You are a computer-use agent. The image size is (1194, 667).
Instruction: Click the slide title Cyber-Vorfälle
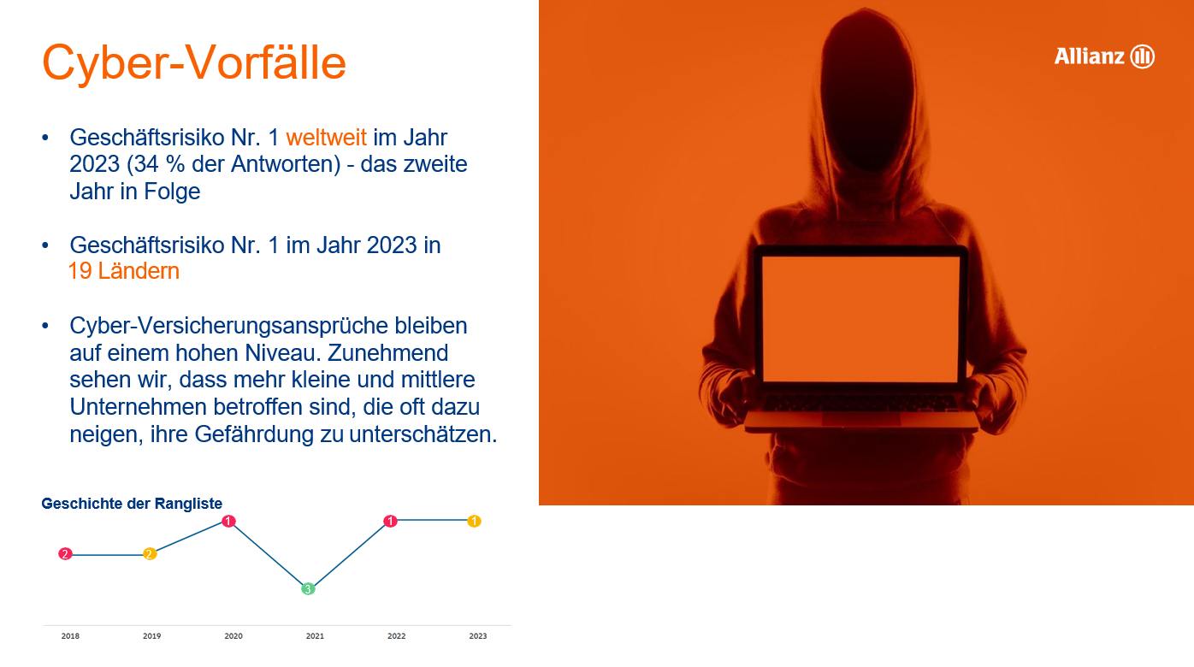(x=194, y=63)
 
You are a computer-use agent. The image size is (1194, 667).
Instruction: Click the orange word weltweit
(x=326, y=138)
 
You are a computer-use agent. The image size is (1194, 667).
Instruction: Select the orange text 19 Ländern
(x=124, y=271)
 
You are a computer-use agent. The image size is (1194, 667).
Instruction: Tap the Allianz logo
(x=1104, y=56)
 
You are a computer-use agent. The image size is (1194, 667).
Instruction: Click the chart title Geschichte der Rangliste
(x=132, y=504)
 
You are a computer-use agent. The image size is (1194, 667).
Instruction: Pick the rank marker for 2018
(x=65, y=554)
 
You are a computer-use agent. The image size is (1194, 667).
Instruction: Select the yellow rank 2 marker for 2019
(x=150, y=554)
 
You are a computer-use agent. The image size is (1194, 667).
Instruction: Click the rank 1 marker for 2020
(x=228, y=521)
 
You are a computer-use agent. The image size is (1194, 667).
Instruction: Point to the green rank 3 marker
(x=308, y=588)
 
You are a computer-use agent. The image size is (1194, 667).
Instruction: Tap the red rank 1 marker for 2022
(x=390, y=521)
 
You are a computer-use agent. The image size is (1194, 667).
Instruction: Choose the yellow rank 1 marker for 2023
(x=475, y=521)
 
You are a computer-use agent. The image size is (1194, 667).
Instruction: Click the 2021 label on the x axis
(x=315, y=635)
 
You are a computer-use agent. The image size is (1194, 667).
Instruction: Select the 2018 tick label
(x=70, y=635)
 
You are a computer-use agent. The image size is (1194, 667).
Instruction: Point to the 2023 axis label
(x=478, y=635)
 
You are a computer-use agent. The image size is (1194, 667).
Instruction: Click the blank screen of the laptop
(x=860, y=319)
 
